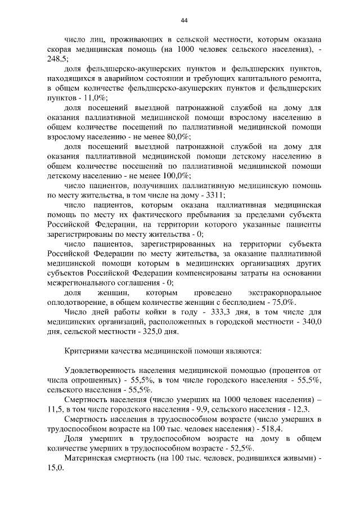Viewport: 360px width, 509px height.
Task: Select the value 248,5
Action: click(x=57, y=58)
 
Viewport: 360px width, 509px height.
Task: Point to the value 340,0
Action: click(x=311, y=322)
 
